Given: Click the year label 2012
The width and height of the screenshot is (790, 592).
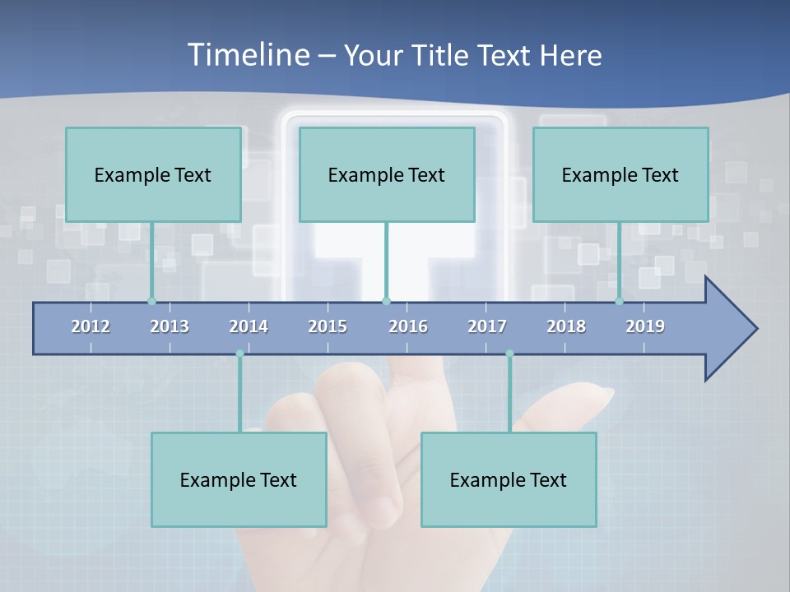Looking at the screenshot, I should [91, 326].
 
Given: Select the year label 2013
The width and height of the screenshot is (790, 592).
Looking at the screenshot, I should [170, 326].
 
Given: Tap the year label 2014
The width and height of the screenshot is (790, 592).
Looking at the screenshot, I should [249, 326].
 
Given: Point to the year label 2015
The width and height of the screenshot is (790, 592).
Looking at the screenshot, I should [328, 326].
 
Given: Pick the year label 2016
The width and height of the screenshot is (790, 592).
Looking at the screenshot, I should [408, 326].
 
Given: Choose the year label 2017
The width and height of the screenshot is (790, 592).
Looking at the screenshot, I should [487, 326].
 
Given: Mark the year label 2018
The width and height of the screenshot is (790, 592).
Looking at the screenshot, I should [566, 326].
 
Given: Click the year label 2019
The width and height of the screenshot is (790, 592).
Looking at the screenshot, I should [645, 326].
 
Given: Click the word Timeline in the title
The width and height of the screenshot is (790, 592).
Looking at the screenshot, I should [248, 55].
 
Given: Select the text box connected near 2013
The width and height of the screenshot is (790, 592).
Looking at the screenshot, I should [153, 174].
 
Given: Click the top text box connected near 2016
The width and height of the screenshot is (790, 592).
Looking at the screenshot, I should [387, 174].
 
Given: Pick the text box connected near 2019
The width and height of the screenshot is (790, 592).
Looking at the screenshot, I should [620, 174].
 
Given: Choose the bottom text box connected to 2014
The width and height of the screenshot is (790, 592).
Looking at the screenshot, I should [239, 479].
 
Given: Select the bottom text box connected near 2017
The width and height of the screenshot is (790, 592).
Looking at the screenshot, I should [509, 479].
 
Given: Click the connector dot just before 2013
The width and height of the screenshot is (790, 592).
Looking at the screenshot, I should [151, 301].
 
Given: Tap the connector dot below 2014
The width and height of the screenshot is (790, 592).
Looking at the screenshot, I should [239, 354].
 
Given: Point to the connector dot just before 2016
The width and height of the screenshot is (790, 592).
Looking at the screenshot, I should [386, 301].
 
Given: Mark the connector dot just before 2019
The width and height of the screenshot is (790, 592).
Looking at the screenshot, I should [619, 301].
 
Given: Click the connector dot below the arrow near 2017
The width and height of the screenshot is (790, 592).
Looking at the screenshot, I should [509, 354].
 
